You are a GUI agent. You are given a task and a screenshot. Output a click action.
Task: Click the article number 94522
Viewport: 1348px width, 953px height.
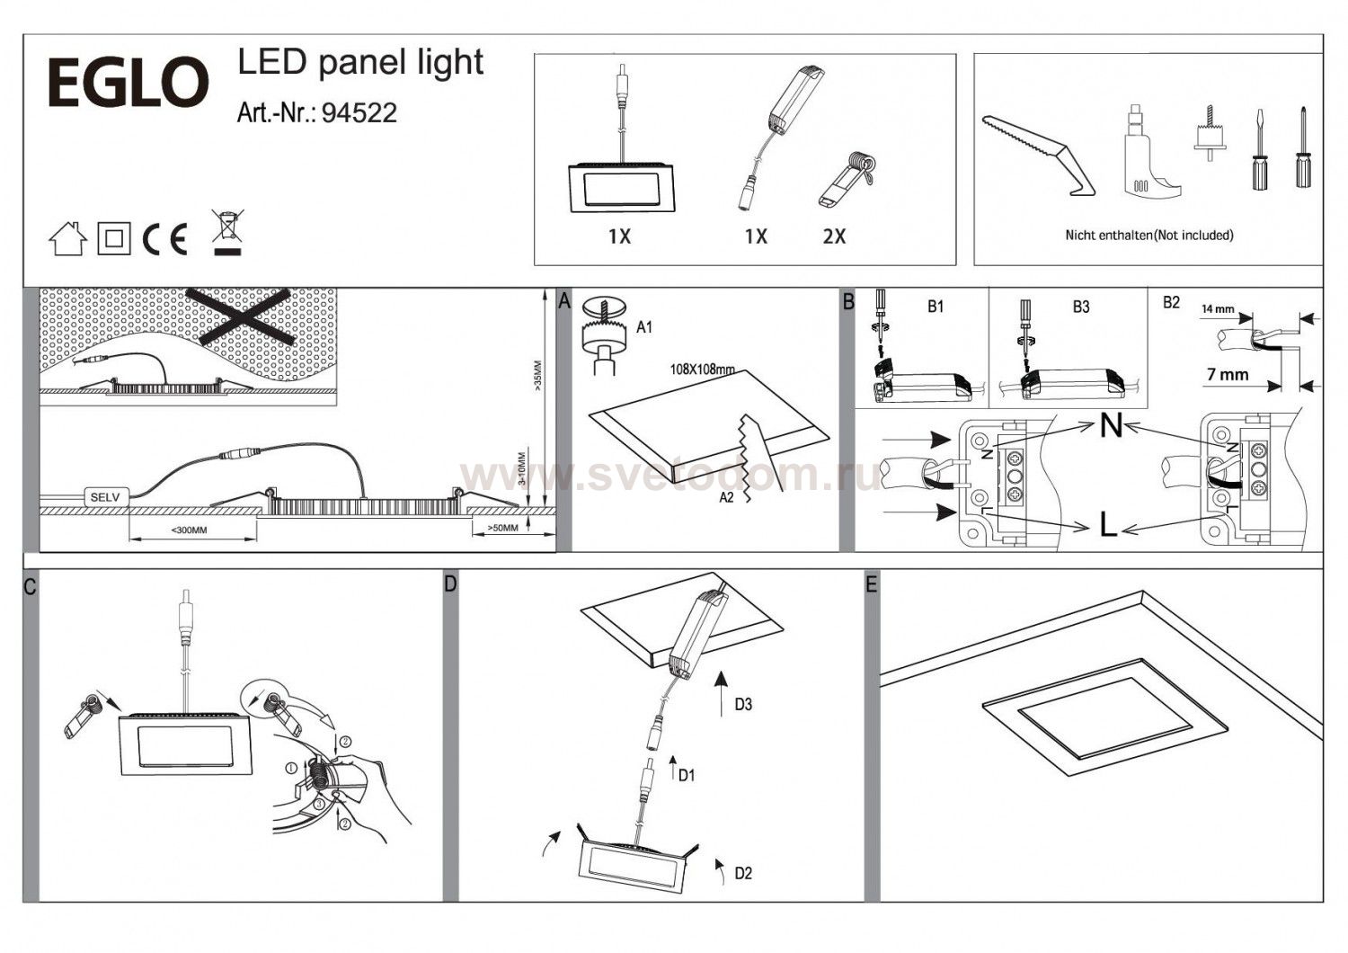(x=359, y=112)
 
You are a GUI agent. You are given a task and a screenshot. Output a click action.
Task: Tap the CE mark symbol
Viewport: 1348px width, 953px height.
(x=166, y=240)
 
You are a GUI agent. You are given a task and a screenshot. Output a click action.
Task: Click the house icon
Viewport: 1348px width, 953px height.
(x=67, y=239)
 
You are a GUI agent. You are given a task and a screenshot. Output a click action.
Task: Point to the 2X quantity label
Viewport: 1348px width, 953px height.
(x=834, y=236)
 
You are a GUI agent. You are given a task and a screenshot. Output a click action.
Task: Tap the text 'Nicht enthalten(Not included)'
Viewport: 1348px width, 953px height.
(x=1148, y=236)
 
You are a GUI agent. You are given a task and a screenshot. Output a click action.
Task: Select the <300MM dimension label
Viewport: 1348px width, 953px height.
(x=189, y=530)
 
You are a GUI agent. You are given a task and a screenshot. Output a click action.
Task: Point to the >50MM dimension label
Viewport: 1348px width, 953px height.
(x=502, y=528)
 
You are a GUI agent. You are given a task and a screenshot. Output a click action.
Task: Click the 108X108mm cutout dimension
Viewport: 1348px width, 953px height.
(x=702, y=370)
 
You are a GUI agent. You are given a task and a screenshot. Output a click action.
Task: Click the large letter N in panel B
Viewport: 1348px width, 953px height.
(x=1112, y=425)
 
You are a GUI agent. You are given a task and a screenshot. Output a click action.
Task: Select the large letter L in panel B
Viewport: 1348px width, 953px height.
(x=1109, y=525)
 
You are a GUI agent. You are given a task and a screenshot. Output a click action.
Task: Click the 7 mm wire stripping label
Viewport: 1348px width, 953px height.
(x=1228, y=374)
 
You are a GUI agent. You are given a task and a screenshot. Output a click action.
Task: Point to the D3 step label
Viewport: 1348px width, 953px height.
(x=742, y=704)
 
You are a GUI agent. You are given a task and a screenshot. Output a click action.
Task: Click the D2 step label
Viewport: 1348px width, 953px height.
(x=742, y=873)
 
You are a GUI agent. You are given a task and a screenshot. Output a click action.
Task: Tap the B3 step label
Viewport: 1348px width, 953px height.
(x=1081, y=307)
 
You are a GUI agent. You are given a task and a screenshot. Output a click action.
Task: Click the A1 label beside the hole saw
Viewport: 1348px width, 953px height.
(x=644, y=327)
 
